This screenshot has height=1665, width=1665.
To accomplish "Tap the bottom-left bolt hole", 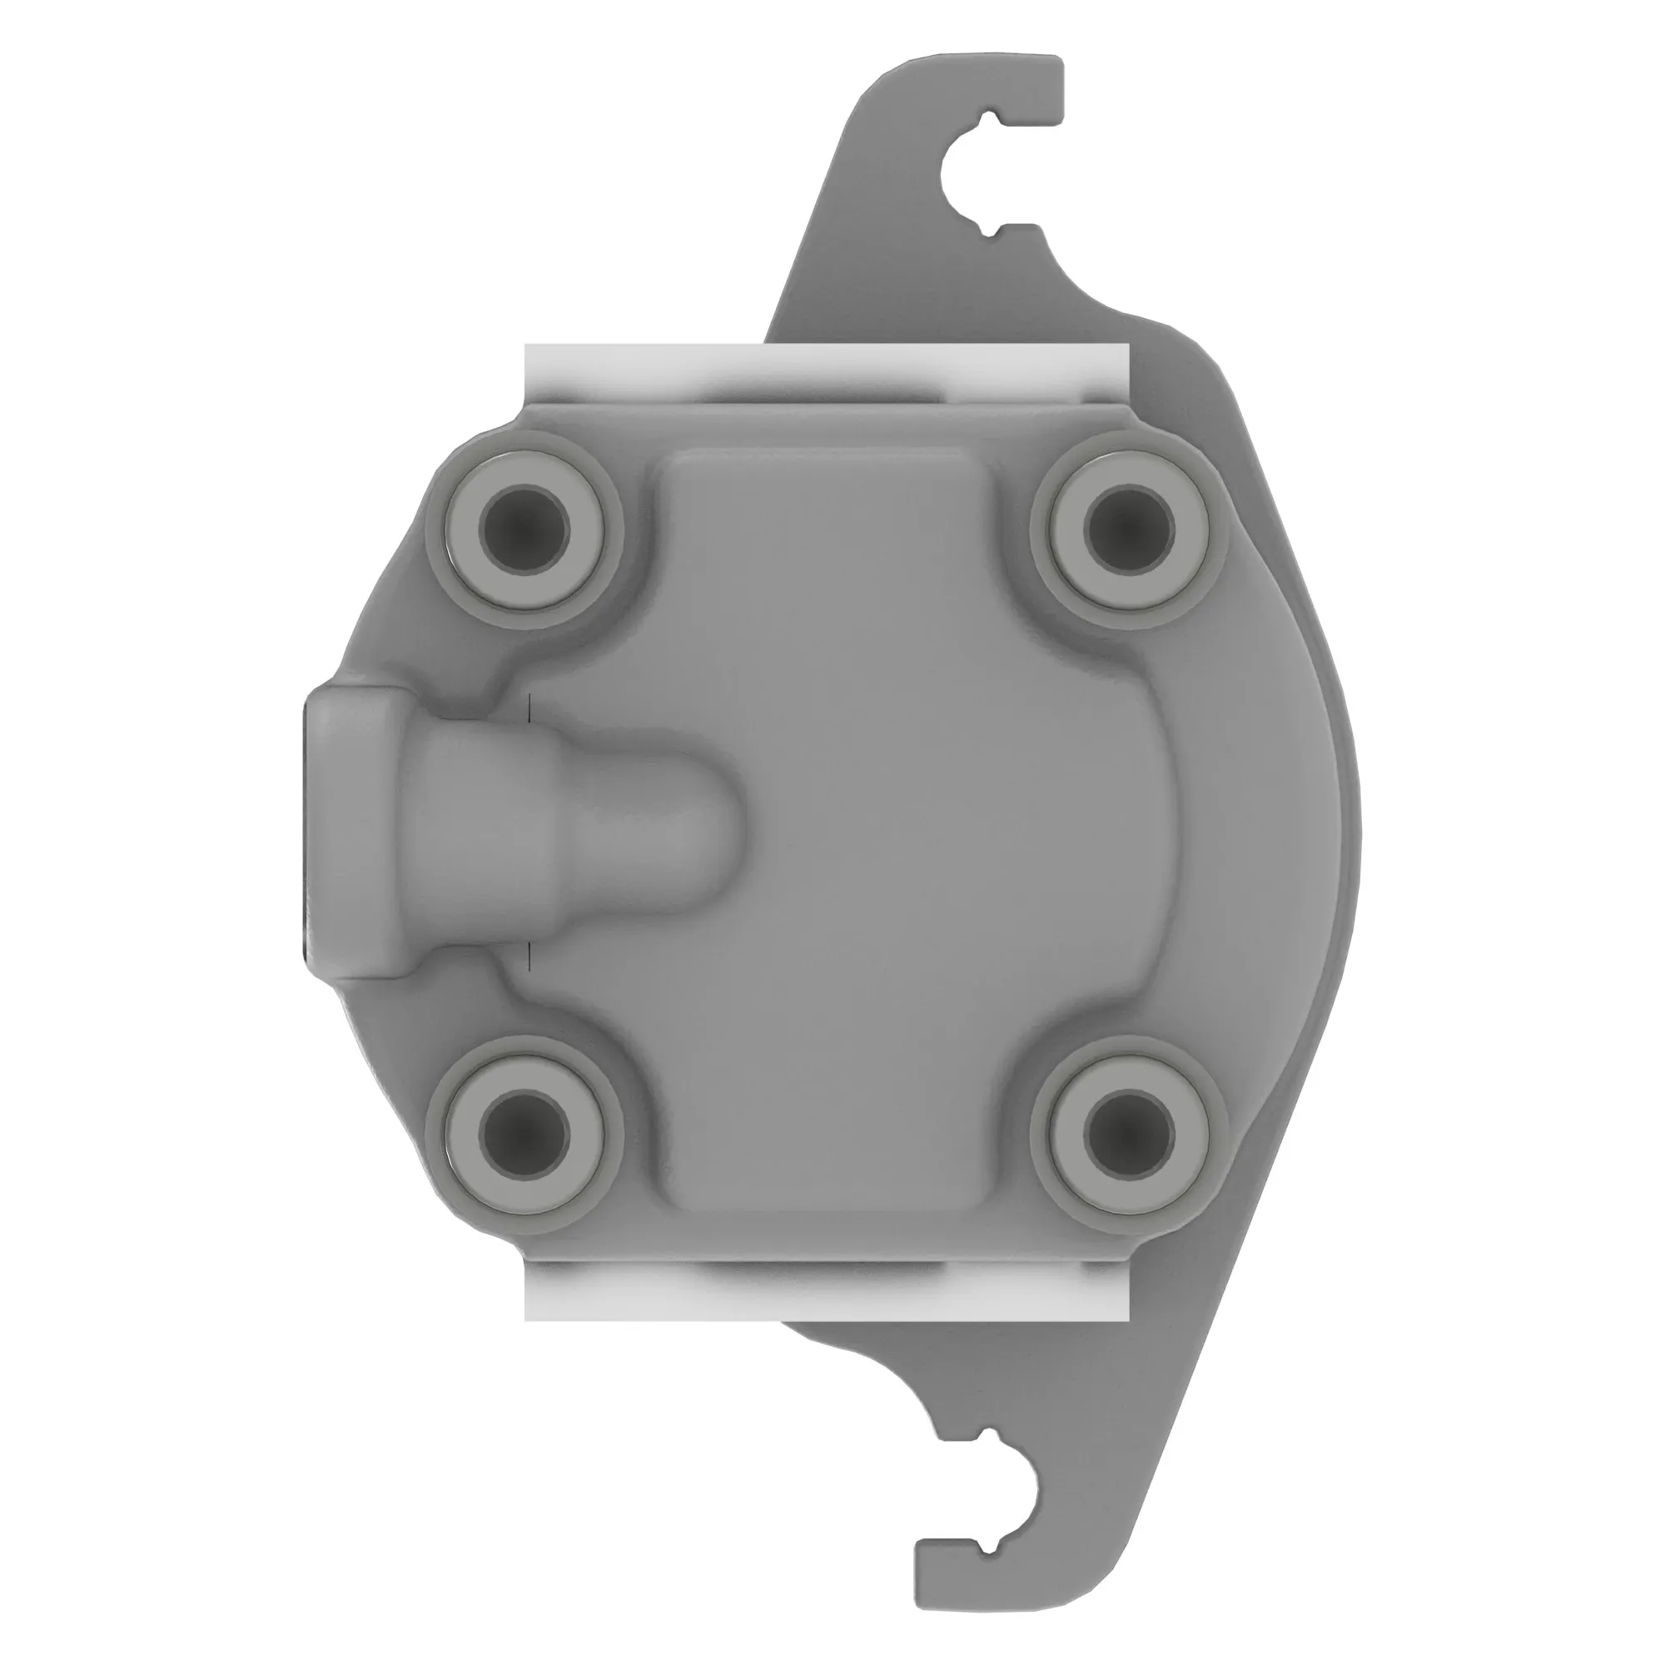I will click(x=524, y=1135).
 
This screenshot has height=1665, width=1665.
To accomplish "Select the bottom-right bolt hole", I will click(x=1131, y=1135).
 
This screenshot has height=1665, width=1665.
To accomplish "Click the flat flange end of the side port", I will click(x=316, y=832).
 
